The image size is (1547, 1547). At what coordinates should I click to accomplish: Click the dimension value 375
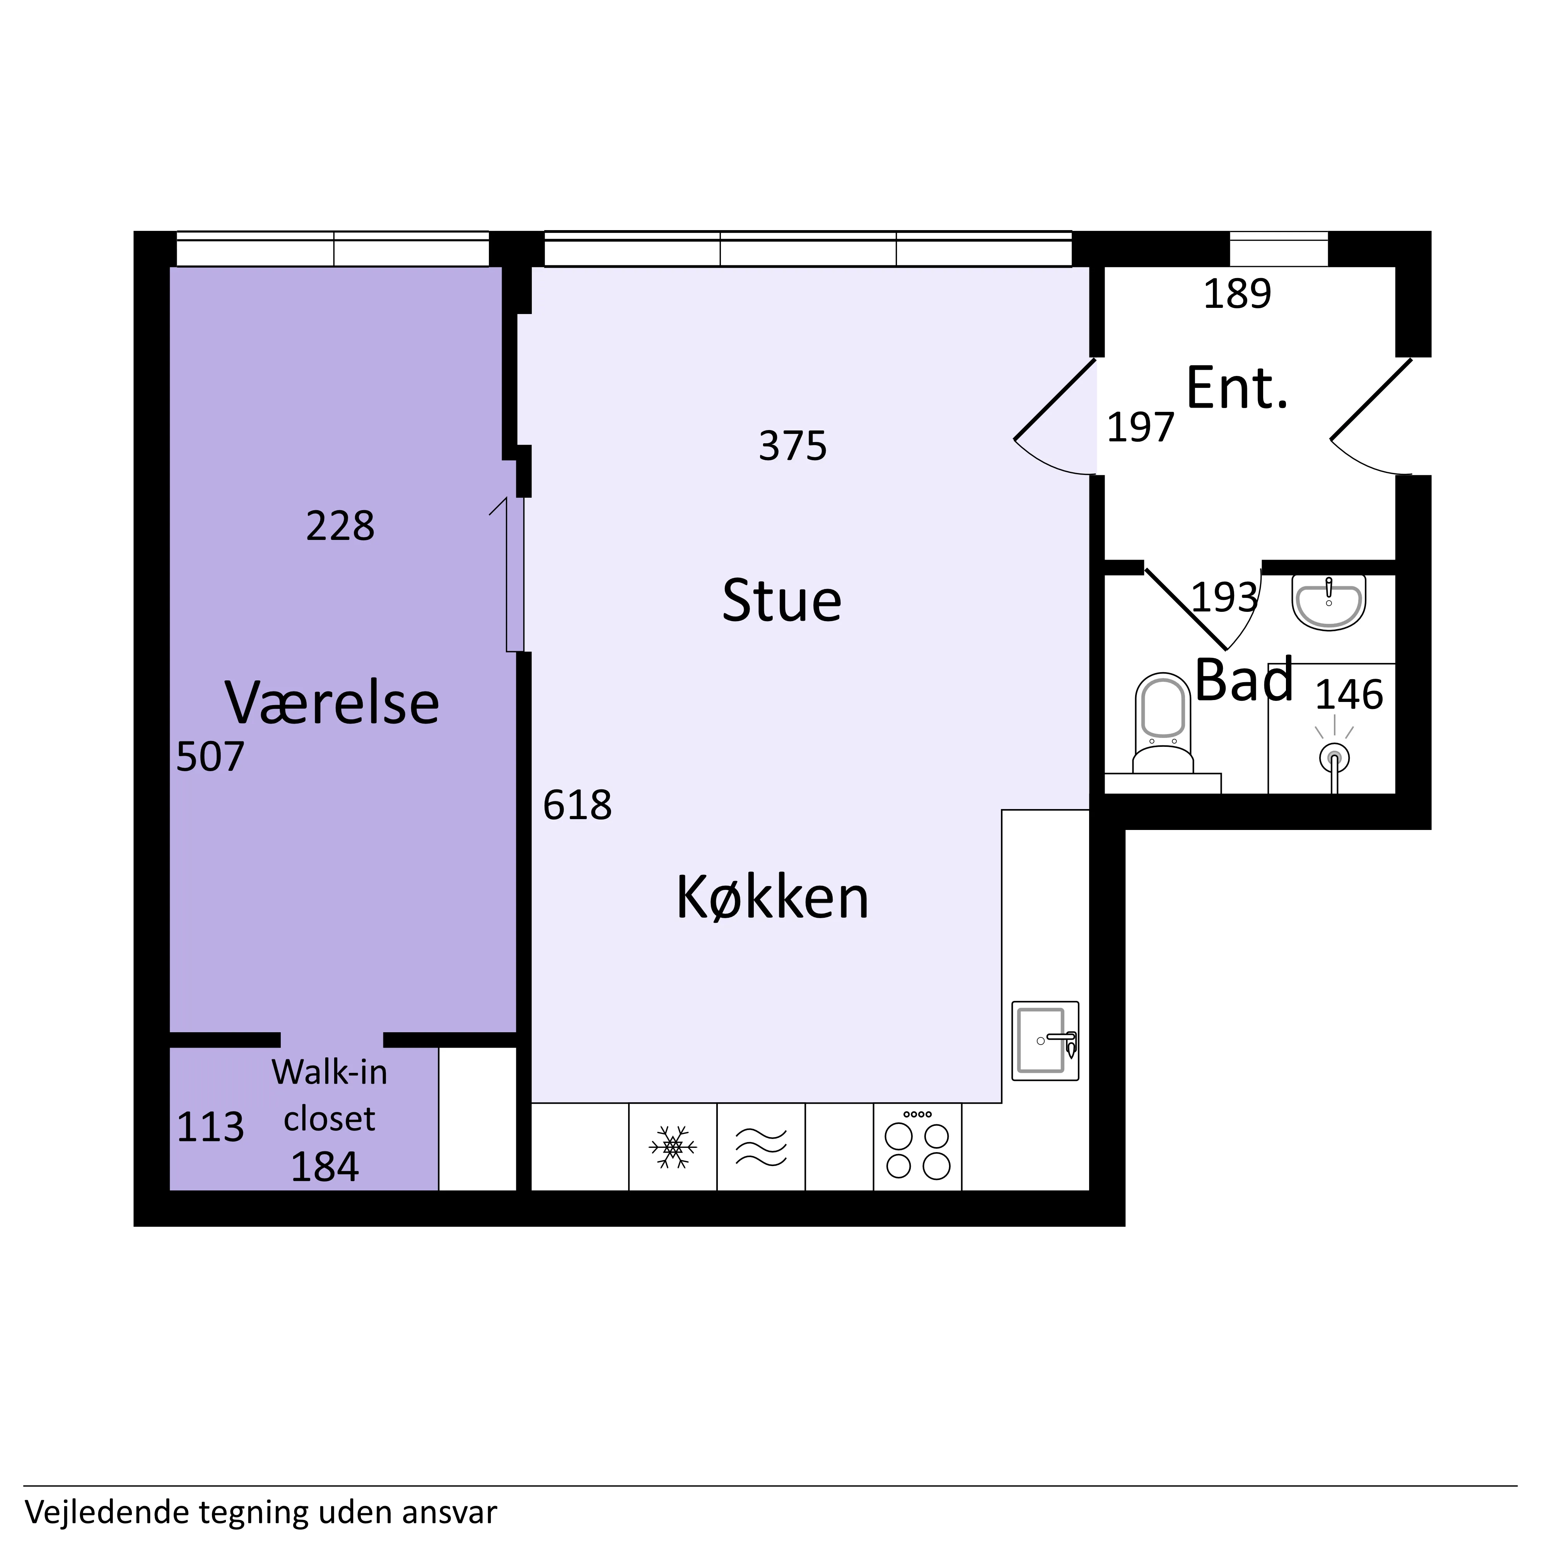[793, 446]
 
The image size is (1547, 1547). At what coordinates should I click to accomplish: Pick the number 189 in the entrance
[1237, 294]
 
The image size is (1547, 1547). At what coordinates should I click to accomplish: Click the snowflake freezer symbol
[673, 1147]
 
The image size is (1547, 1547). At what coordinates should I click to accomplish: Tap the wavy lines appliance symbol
[761, 1147]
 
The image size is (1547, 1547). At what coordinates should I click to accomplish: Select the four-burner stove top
[918, 1146]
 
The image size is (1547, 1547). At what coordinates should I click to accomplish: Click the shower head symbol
[1334, 757]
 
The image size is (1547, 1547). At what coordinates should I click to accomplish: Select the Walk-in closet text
[329, 1095]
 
